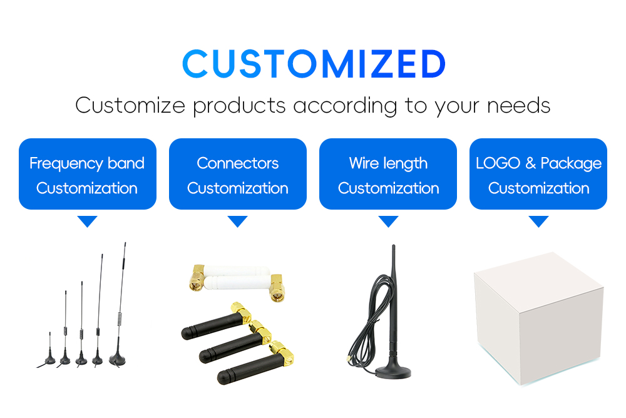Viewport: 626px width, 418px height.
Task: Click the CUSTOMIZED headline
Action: (x=313, y=64)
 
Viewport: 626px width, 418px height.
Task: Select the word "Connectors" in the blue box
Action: (x=237, y=164)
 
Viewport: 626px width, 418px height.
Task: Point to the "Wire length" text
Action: (x=388, y=164)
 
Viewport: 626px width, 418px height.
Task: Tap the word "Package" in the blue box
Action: (x=571, y=164)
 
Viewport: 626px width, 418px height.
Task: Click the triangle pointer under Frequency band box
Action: (x=87, y=222)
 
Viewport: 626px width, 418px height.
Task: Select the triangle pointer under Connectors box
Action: (x=237, y=222)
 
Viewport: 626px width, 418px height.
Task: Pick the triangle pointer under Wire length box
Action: (x=388, y=222)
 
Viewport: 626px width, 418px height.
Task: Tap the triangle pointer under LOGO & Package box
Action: (x=538, y=222)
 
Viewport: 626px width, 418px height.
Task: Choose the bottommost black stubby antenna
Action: (x=247, y=369)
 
